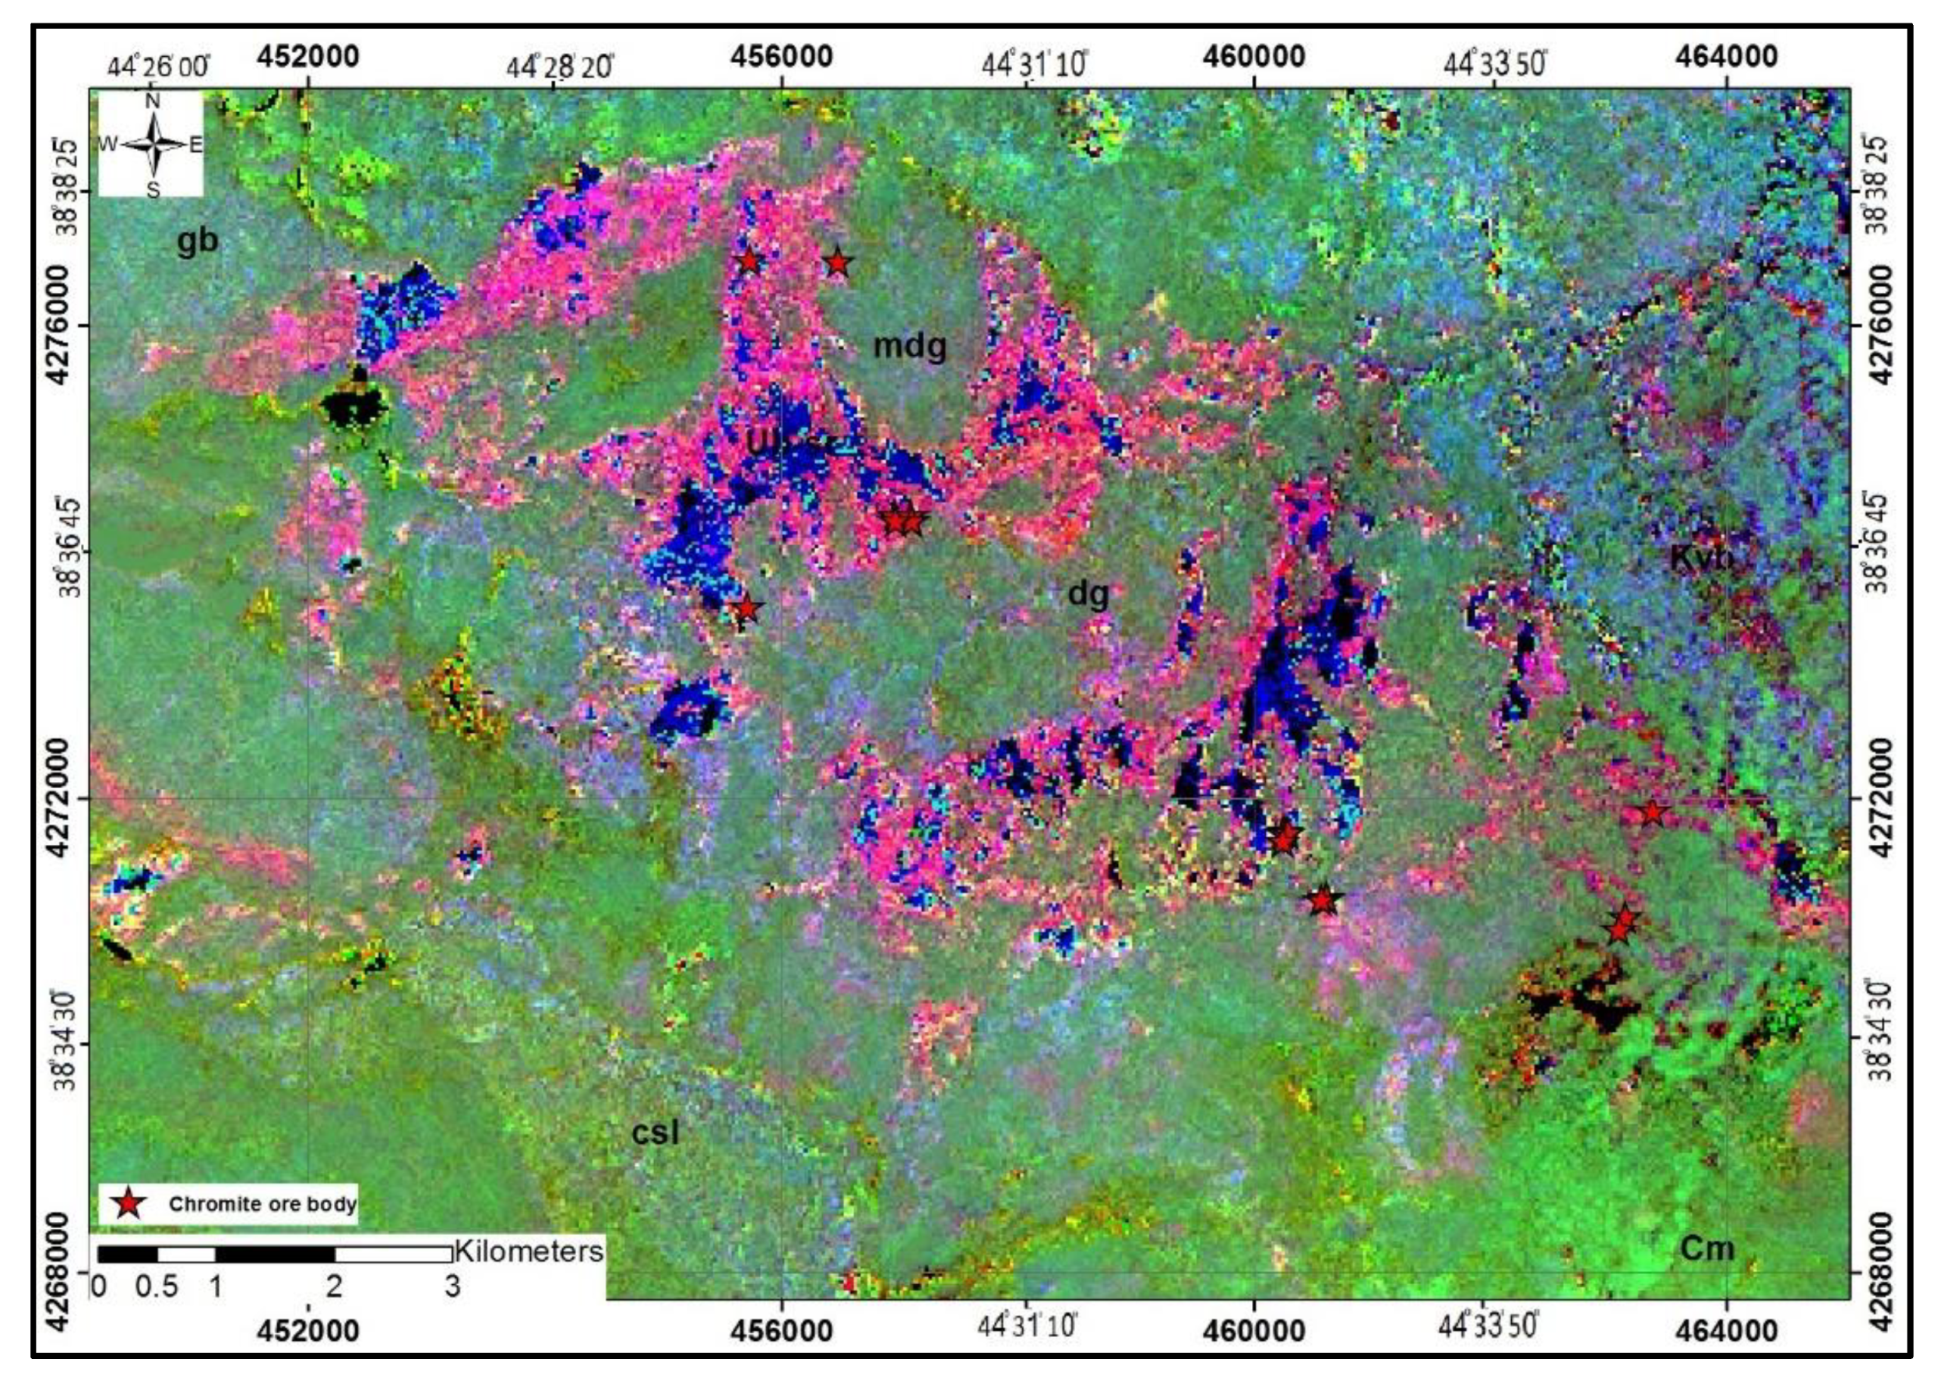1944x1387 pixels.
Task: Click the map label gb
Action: tap(197, 241)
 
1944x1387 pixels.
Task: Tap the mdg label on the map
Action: tap(909, 347)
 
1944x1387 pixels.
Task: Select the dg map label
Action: tap(1088, 593)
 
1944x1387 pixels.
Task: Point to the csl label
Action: tap(656, 1132)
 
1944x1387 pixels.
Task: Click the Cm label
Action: tap(1707, 1248)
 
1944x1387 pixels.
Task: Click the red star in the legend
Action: tap(128, 1204)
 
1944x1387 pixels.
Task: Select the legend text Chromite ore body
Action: tap(262, 1204)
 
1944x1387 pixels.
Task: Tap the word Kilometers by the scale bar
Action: tap(529, 1251)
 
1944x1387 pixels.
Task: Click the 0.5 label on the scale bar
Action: tap(157, 1287)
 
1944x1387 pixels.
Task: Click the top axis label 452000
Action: tap(309, 56)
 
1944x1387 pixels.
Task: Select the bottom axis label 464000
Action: tap(1726, 1330)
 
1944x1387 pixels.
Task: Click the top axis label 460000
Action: tap(1253, 56)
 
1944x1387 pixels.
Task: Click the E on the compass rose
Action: tap(195, 145)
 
